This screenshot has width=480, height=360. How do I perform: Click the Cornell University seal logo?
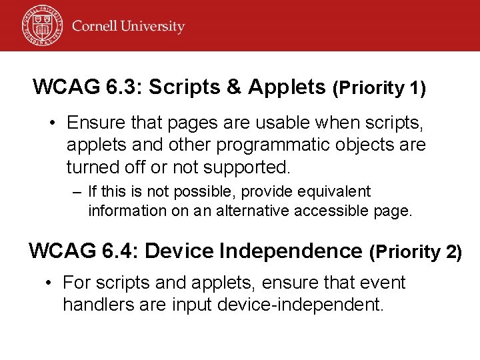[x=42, y=25]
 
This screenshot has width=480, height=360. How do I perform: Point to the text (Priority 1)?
[x=379, y=87]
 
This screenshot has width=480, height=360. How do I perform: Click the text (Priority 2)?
[x=415, y=252]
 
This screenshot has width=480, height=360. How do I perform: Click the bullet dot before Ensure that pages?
[x=51, y=123]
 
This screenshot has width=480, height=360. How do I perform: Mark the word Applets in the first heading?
[x=288, y=87]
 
